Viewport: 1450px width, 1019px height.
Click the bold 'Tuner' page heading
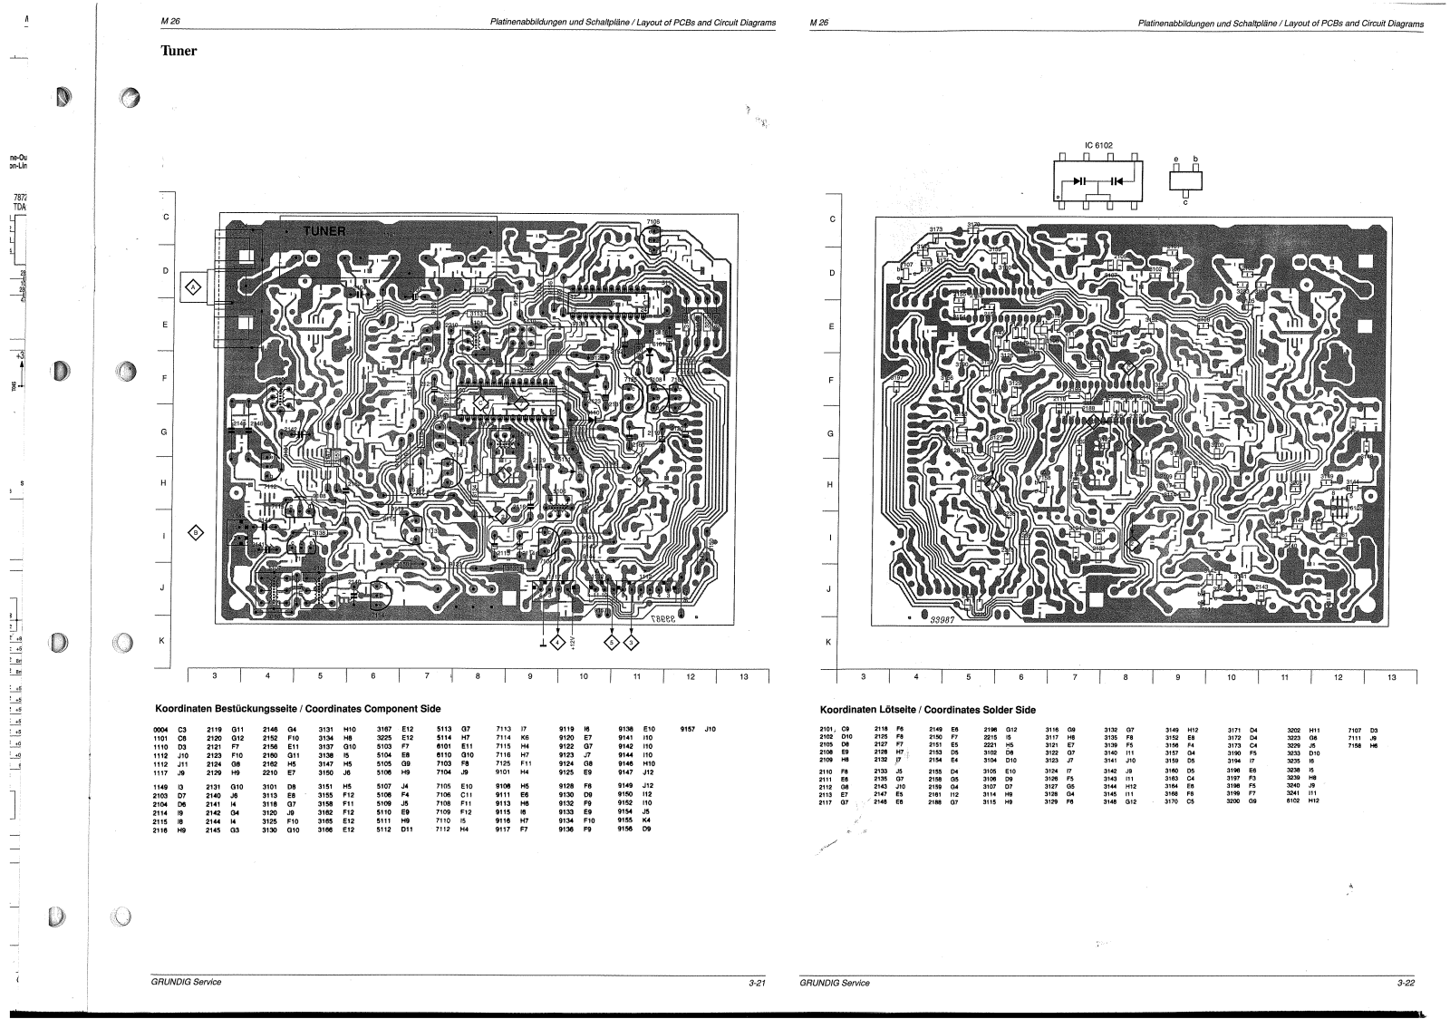point(179,51)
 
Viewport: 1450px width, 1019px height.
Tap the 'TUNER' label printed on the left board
point(324,230)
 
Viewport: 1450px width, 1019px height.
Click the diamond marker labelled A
point(192,288)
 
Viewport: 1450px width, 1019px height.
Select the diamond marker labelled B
point(195,532)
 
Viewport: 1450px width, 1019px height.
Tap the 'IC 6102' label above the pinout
point(1097,144)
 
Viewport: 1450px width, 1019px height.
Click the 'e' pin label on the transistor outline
point(1176,159)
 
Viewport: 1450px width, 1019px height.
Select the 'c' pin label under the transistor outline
point(1185,202)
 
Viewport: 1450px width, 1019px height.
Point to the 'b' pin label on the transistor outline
point(1195,159)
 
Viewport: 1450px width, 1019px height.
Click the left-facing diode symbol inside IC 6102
point(1115,180)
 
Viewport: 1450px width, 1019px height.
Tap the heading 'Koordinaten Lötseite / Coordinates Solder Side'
point(928,710)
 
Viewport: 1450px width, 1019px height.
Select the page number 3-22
point(1406,982)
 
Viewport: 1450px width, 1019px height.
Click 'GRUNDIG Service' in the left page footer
point(186,982)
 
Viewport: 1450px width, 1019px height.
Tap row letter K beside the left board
point(163,641)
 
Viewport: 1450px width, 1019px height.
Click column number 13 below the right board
point(1391,676)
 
